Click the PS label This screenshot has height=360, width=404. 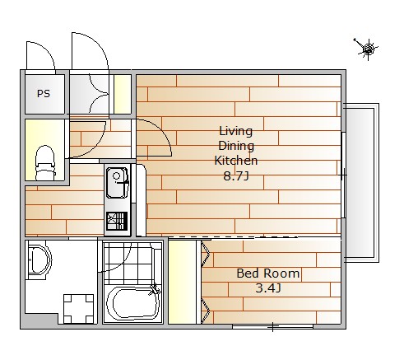click(44, 94)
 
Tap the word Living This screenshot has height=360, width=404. click(235, 131)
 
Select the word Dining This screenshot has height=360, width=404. click(236, 146)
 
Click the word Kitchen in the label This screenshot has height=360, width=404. click(236, 161)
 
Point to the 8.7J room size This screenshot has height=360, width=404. click(236, 175)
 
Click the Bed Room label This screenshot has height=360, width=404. click(268, 274)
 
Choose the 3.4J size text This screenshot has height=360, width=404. click(268, 288)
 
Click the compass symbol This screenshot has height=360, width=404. click(367, 49)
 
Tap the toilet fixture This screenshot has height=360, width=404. click(45, 163)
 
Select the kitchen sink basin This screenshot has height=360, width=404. click(118, 183)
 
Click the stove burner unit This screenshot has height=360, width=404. click(117, 221)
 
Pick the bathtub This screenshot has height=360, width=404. click(133, 303)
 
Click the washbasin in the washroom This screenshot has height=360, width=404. click(38, 260)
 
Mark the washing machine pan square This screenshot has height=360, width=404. click(78, 309)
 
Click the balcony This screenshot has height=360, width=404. click(361, 183)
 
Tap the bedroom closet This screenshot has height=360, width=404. click(182, 282)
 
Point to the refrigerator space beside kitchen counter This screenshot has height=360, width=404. click(142, 200)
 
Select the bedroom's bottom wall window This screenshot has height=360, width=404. click(272, 326)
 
